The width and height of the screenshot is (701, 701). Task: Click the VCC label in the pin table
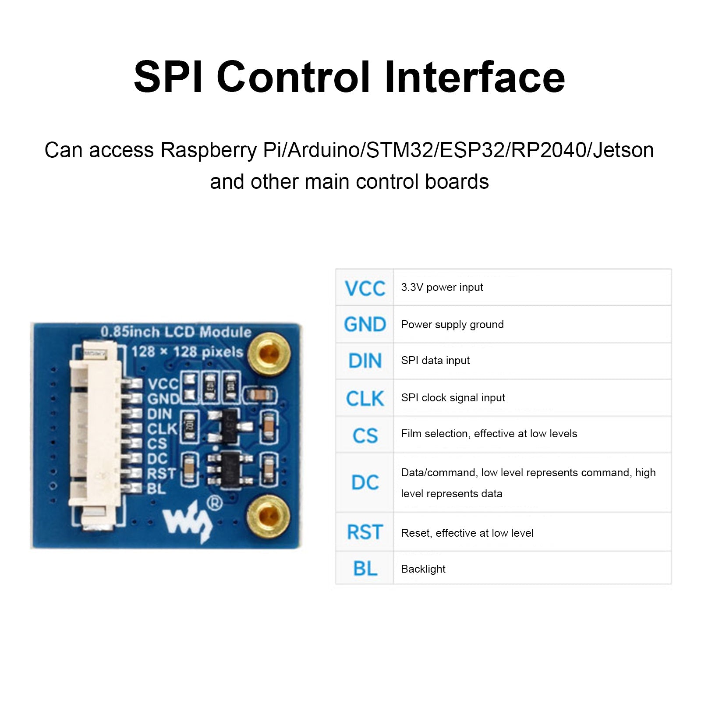pyautogui.click(x=365, y=288)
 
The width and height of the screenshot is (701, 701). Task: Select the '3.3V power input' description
pyautogui.click(x=442, y=287)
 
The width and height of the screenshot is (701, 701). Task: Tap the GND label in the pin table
pyautogui.click(x=365, y=325)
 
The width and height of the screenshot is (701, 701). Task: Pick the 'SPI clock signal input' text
pyautogui.click(x=453, y=398)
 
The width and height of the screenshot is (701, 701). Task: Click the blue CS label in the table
pyautogui.click(x=365, y=436)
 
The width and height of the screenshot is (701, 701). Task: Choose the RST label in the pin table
pyautogui.click(x=365, y=532)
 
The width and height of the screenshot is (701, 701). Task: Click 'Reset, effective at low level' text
pyautogui.click(x=467, y=533)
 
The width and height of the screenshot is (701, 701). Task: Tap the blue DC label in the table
pyautogui.click(x=365, y=482)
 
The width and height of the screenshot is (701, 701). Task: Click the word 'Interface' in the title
pyautogui.click(x=474, y=77)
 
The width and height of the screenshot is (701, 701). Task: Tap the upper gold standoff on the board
pyautogui.click(x=269, y=353)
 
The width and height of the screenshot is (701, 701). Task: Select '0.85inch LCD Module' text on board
pyautogui.click(x=176, y=332)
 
